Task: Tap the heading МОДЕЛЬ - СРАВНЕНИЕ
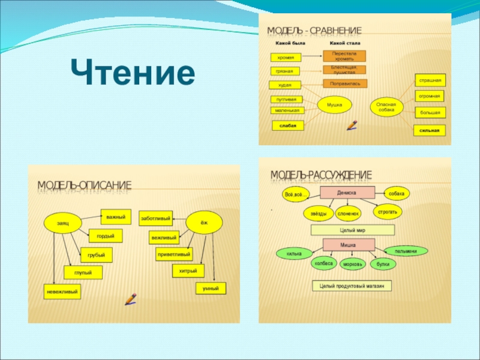[x=314, y=30]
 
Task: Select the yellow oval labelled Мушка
[x=334, y=105]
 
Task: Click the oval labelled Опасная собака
[x=386, y=107]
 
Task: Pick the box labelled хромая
[x=285, y=57]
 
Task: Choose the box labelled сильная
[x=430, y=130]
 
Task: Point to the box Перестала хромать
[x=344, y=56]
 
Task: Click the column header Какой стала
[x=345, y=43]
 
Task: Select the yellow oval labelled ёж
[x=204, y=223]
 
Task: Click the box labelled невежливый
[x=62, y=292]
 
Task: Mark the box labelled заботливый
[x=155, y=218]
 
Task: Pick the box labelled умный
[x=211, y=289]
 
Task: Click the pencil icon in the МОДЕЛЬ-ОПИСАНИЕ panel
[x=131, y=298]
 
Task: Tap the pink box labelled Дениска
[x=347, y=193]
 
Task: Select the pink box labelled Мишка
[x=348, y=245]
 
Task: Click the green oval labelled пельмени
[x=406, y=251]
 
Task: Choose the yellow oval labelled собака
[x=397, y=193]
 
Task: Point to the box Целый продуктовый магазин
[x=352, y=286]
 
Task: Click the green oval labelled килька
[x=294, y=254]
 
